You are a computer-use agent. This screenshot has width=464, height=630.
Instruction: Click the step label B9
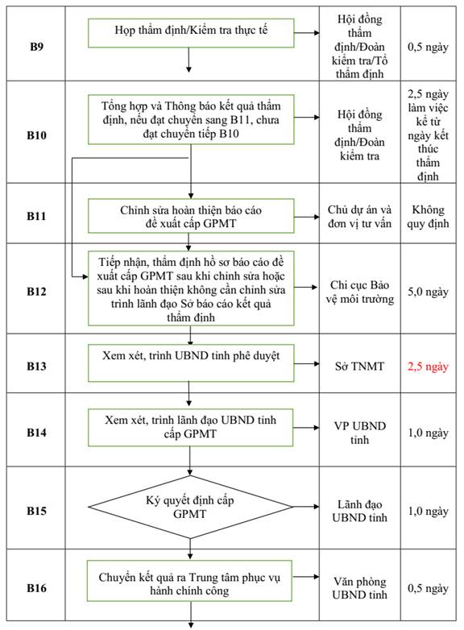click(x=36, y=47)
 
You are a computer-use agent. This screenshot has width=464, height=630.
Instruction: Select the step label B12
click(x=36, y=292)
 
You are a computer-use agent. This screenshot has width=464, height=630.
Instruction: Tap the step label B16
click(x=36, y=588)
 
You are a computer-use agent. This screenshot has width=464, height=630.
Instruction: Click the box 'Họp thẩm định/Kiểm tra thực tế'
click(x=191, y=33)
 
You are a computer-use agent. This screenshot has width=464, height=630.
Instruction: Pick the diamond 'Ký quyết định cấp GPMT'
click(x=191, y=507)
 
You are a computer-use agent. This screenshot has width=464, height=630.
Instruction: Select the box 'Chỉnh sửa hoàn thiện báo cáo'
click(x=191, y=216)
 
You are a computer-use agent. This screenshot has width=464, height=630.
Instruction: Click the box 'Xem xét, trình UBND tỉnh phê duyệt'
click(x=191, y=363)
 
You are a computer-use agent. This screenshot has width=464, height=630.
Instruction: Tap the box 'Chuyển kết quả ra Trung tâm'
click(x=189, y=581)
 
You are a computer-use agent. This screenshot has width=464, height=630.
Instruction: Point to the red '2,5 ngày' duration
click(x=428, y=367)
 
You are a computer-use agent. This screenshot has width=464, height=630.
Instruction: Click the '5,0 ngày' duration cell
click(x=428, y=292)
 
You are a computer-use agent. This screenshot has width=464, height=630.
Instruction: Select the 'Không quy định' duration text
click(x=428, y=217)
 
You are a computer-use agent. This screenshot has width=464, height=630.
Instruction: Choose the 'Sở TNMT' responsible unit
click(x=359, y=367)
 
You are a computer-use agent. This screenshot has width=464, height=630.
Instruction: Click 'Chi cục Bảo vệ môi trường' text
click(x=359, y=292)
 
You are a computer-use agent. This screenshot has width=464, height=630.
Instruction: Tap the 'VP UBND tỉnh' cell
click(x=359, y=433)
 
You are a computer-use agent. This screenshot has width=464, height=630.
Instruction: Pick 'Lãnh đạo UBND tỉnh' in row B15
click(x=359, y=511)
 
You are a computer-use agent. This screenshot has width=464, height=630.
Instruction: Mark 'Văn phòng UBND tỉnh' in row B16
click(x=359, y=588)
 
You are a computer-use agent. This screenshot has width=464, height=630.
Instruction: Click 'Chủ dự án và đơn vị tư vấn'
click(x=359, y=217)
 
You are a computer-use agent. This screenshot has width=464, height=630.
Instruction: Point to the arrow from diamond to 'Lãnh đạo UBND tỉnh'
click(x=306, y=507)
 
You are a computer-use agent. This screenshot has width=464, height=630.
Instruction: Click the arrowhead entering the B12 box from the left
click(x=85, y=276)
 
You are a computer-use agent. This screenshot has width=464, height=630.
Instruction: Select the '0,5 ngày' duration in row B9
click(x=428, y=47)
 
